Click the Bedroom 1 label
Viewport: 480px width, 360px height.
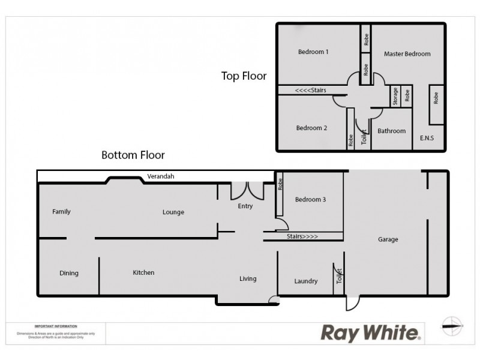313,52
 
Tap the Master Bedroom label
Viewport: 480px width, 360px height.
407,54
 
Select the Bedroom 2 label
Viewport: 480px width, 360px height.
312,128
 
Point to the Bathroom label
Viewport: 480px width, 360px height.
392,131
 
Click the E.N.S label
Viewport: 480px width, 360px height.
427,138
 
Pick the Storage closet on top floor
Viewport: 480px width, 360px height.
395,97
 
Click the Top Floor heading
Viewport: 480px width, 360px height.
244,76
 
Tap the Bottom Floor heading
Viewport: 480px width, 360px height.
133,155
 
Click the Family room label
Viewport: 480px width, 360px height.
61,211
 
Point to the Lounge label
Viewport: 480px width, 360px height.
173,212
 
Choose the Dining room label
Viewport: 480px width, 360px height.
69,273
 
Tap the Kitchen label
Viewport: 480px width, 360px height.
143,272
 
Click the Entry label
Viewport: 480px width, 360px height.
245,206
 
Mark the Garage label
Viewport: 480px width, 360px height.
388,239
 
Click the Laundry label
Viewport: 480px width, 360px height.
306,281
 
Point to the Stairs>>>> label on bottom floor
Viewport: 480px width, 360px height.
303,236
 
